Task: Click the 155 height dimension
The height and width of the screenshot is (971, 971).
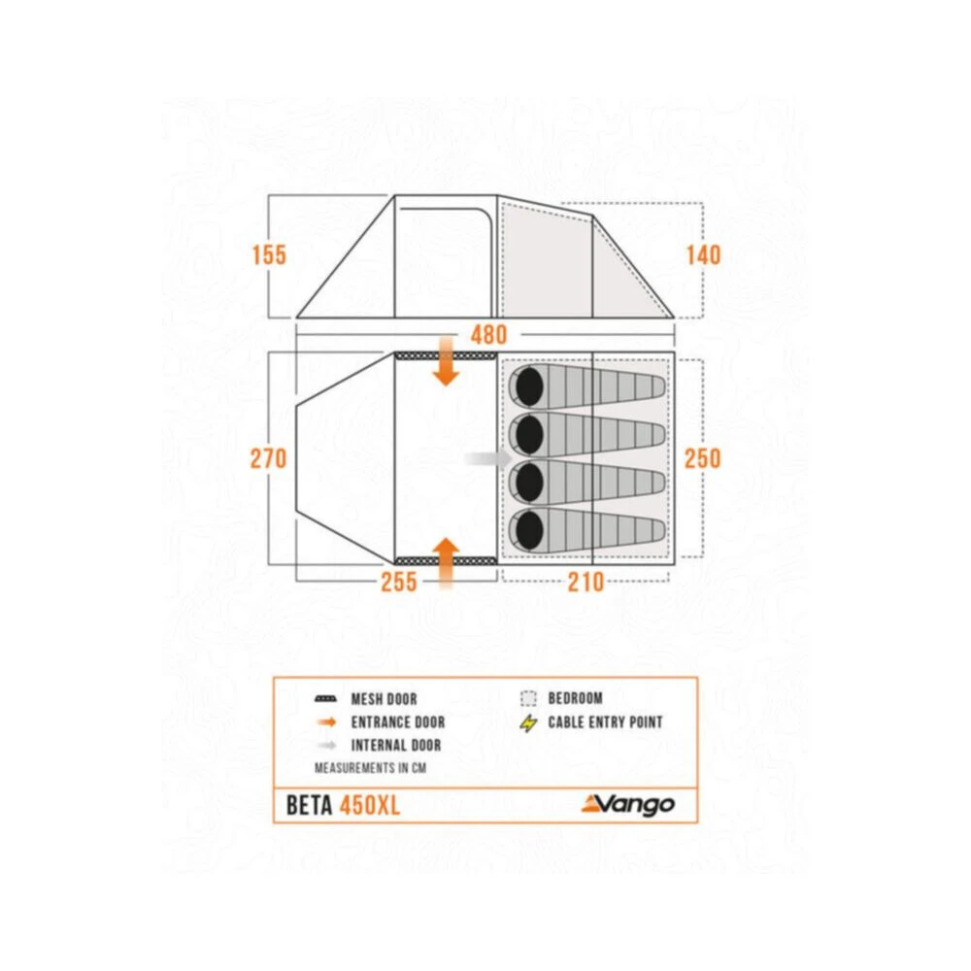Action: (269, 255)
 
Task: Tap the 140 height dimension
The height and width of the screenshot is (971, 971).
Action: (703, 255)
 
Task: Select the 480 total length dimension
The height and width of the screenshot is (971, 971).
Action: (488, 335)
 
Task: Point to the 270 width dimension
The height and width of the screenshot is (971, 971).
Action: (269, 459)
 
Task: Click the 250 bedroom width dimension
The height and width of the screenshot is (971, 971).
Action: (703, 459)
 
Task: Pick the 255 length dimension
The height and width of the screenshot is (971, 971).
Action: (399, 582)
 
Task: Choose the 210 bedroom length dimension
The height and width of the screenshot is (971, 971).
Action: (586, 582)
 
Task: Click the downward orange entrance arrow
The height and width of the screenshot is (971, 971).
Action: (446, 361)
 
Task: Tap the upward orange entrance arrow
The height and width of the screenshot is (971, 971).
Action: (446, 562)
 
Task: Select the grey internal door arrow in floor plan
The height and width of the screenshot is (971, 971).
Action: (488, 459)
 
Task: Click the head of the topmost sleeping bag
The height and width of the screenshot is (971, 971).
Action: (529, 387)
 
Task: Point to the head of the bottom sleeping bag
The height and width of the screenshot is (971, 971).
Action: (529, 530)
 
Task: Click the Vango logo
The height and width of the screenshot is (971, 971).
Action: (628, 804)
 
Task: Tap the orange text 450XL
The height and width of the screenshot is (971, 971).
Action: (370, 806)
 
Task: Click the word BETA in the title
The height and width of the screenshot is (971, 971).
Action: (310, 806)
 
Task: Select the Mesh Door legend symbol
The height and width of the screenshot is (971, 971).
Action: (325, 699)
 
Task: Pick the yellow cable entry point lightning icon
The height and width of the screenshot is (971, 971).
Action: (528, 723)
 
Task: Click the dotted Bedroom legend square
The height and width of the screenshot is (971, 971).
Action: (528, 698)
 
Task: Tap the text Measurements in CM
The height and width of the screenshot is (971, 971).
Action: (370, 768)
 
